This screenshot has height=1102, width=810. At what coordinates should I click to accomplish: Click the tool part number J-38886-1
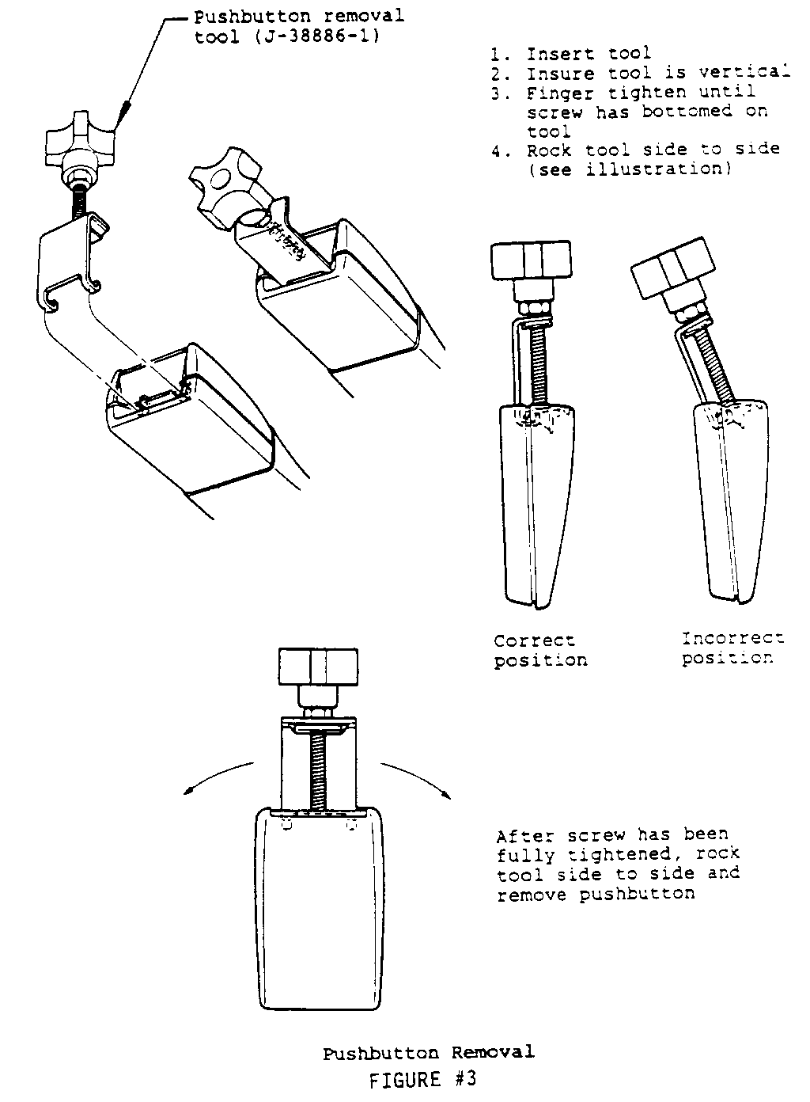tap(317, 37)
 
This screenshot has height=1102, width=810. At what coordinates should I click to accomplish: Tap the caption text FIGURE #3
tap(423, 1079)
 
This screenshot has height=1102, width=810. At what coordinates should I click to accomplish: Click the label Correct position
tap(540, 650)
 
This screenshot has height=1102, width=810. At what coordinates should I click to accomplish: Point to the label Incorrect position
tap(732, 648)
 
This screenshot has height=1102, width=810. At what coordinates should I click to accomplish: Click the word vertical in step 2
tap(744, 72)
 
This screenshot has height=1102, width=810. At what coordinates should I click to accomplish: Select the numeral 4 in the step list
tap(497, 150)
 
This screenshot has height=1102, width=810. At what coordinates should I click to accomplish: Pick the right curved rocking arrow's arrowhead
tap(446, 795)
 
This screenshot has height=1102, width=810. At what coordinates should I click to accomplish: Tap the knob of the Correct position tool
tap(532, 260)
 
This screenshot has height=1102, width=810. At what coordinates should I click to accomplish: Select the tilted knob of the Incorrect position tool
tap(673, 269)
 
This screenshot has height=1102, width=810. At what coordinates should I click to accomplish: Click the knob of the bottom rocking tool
tap(318, 667)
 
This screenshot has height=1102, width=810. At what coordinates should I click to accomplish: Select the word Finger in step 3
tap(560, 93)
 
